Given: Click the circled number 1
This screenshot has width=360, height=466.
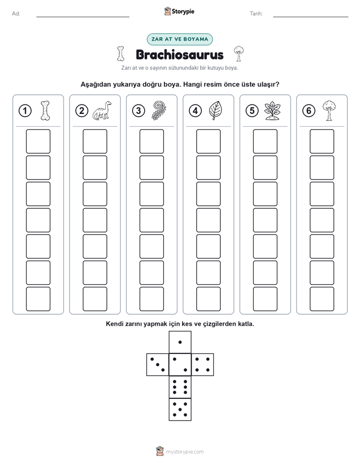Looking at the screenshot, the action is click(25, 111).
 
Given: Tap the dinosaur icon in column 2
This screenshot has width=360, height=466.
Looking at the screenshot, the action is click(102, 110).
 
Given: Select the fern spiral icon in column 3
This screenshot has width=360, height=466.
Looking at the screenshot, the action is click(159, 110).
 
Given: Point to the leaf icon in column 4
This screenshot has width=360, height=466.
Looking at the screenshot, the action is click(215, 110).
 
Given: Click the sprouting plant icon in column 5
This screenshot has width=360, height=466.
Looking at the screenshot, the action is click(272, 111).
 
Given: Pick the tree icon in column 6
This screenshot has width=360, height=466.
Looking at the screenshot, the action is click(329, 110).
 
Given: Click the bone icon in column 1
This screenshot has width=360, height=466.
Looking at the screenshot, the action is click(45, 110).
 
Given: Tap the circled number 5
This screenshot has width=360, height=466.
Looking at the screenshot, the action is click(252, 111).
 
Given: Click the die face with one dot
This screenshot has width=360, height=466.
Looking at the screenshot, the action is click(180, 342).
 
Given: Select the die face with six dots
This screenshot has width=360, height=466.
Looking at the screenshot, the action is click(180, 387).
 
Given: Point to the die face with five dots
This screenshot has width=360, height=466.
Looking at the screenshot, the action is click(180, 409).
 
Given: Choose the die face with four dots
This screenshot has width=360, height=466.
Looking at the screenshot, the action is click(203, 365).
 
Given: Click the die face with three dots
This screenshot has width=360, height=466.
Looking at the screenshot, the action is click(158, 365).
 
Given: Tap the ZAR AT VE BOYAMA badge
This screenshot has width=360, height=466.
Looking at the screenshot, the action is click(179, 39).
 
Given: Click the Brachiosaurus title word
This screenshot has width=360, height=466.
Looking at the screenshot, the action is click(179, 54).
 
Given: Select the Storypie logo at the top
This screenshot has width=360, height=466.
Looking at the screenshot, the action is click(179, 12).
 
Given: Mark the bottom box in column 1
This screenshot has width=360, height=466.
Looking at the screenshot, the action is click(38, 299).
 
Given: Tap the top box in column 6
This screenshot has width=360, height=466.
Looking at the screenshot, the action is click(322, 141).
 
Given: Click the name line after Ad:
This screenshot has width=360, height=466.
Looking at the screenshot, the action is click(83, 17).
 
